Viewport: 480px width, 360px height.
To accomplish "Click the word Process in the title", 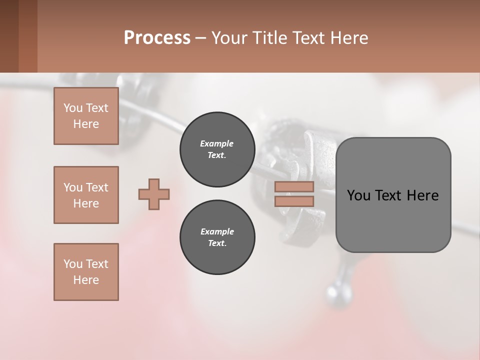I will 157,38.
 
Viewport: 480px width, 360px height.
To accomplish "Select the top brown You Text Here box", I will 86,116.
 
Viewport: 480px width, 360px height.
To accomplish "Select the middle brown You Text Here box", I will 86,195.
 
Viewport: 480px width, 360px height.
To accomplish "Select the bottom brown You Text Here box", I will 86,272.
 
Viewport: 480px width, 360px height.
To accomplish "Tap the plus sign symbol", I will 154,194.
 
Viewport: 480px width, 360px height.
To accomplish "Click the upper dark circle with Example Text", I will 217,149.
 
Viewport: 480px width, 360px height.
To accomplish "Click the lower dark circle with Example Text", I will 217,237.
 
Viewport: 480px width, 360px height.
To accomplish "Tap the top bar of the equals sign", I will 294,187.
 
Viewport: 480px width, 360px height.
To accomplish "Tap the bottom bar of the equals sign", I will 294,201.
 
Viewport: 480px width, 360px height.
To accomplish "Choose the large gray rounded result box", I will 393,220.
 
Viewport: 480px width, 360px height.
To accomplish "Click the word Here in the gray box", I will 422,195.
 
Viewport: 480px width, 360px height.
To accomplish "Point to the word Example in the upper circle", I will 217,143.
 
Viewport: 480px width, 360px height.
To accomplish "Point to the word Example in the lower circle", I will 217,231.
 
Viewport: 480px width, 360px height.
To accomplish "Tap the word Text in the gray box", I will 389,195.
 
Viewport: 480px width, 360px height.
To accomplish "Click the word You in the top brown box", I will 72,108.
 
